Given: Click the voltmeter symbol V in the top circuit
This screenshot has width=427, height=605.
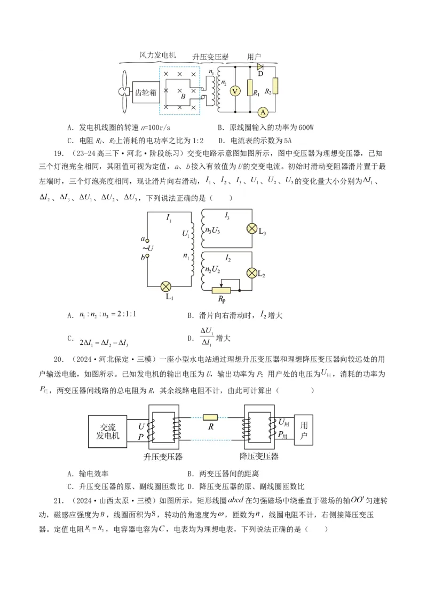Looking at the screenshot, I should coord(233,91).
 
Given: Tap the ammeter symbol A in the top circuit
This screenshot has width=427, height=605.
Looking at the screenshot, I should coord(262,112).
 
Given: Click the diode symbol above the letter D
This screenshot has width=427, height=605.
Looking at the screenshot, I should coord(260,67).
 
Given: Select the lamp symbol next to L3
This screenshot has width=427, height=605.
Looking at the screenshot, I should coord(251,228).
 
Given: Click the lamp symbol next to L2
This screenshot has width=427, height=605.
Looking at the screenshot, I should coord(251,273).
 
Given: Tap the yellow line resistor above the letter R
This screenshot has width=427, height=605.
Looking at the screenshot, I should coord(210,417).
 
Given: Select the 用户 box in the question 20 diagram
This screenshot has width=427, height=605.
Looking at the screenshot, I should coord(304,431).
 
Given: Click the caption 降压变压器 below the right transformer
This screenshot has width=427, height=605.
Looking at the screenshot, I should coord(259,457).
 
